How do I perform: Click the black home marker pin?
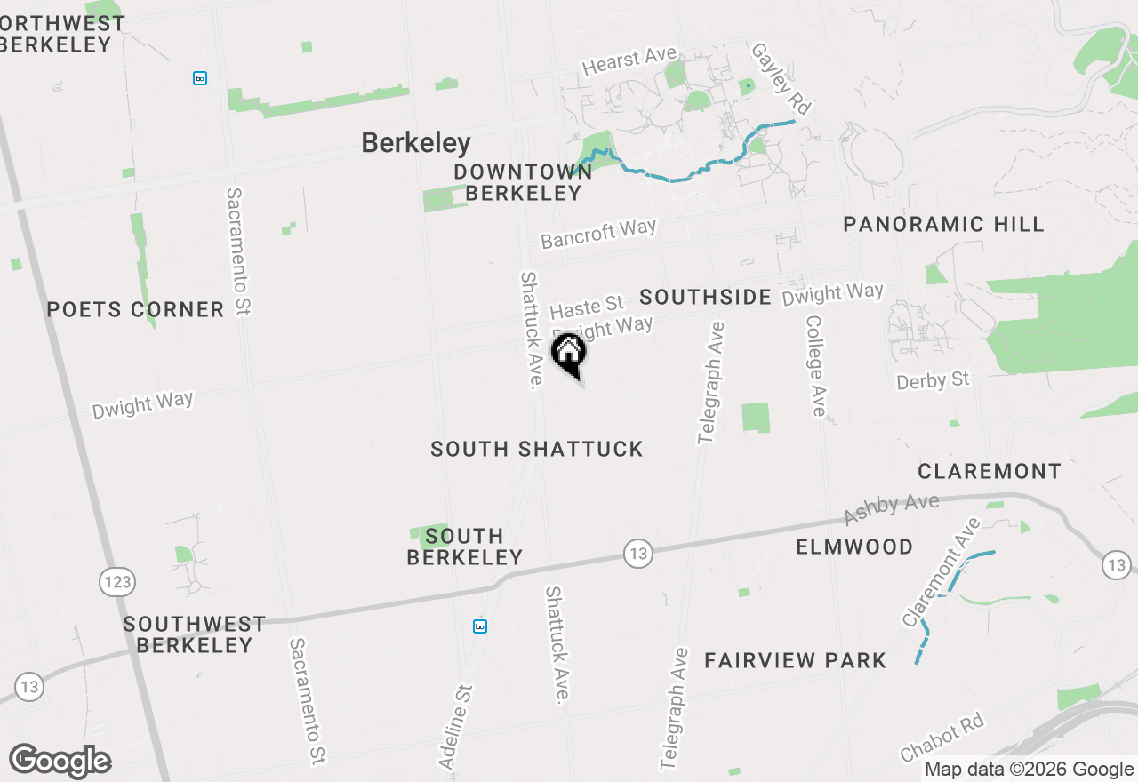tap(568, 354)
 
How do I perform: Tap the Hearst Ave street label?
tap(629, 60)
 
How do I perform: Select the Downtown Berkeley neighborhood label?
tap(523, 182)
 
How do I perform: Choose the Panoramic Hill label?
tap(943, 225)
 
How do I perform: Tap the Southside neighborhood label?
tap(706, 297)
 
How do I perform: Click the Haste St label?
tap(587, 307)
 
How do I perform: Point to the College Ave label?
tap(816, 365)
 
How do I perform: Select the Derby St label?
tap(933, 381)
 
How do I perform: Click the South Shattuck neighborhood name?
tap(537, 450)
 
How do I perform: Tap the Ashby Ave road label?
tap(891, 509)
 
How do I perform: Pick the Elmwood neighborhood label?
tap(854, 547)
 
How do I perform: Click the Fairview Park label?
tap(795, 660)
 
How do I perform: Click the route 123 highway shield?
tap(116, 583)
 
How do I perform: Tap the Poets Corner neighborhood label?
tap(135, 310)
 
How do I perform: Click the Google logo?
tap(60, 761)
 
